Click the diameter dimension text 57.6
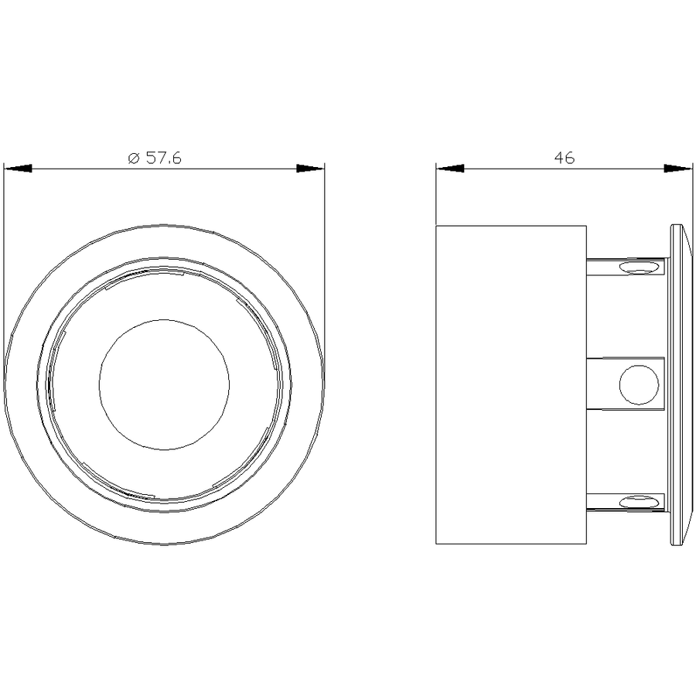163,158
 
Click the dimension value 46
565,158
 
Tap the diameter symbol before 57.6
134,158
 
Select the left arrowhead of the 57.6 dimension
18,169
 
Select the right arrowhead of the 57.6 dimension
310,169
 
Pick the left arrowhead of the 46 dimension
449,169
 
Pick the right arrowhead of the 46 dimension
678,169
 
